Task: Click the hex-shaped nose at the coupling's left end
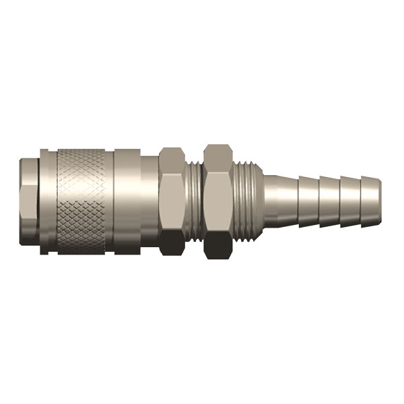pyautogui.click(x=28, y=202)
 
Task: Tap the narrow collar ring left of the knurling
pyautogui.click(x=48, y=202)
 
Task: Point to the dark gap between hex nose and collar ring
pyautogui.click(x=40, y=202)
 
